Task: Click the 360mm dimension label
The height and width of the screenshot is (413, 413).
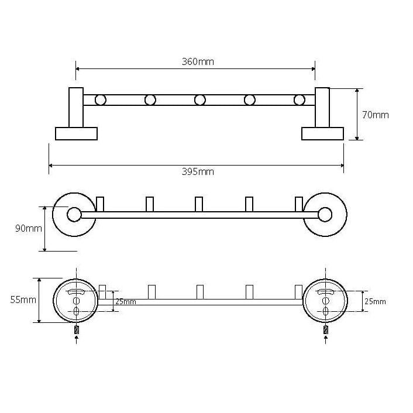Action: [198, 61]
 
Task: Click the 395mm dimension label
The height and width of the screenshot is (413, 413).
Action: [198, 172]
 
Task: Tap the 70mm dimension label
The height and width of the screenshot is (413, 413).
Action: [376, 115]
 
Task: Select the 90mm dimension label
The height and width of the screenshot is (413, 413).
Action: [29, 228]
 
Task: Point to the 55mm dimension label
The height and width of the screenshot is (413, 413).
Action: [23, 300]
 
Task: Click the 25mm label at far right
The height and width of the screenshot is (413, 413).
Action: [375, 301]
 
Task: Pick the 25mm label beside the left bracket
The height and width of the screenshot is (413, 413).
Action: [126, 302]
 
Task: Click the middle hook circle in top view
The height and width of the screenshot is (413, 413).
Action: [200, 100]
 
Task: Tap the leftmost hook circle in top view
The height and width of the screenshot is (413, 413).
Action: [101, 100]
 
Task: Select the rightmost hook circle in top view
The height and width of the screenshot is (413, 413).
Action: [299, 100]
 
